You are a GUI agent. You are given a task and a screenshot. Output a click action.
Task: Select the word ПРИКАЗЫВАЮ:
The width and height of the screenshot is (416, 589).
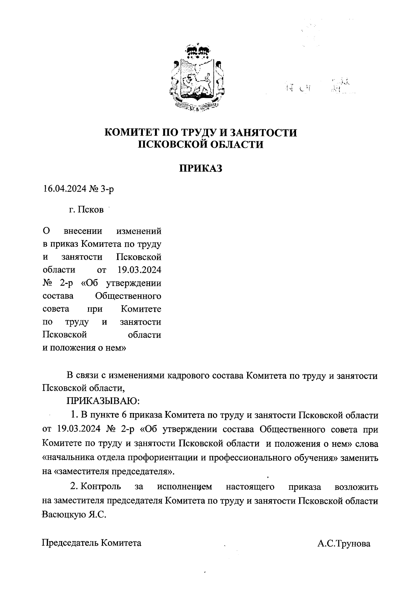tap(103, 401)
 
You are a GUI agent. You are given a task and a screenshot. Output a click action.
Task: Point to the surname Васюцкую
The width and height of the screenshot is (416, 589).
tap(62, 514)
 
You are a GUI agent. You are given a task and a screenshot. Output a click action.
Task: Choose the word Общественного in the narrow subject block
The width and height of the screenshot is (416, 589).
tap(128, 296)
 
